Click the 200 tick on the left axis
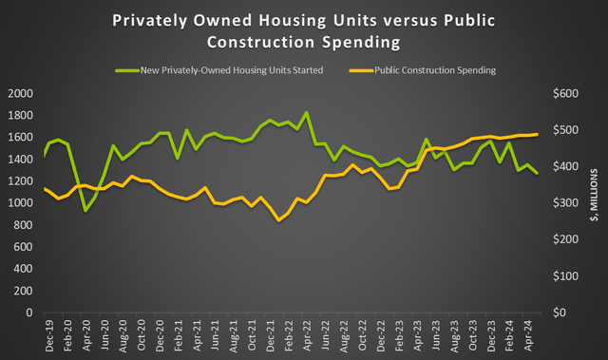[x=25, y=291]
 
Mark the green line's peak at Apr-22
[x=306, y=113]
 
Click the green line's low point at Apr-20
[x=86, y=210]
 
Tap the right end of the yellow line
[x=538, y=134]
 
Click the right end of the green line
[x=538, y=173]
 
